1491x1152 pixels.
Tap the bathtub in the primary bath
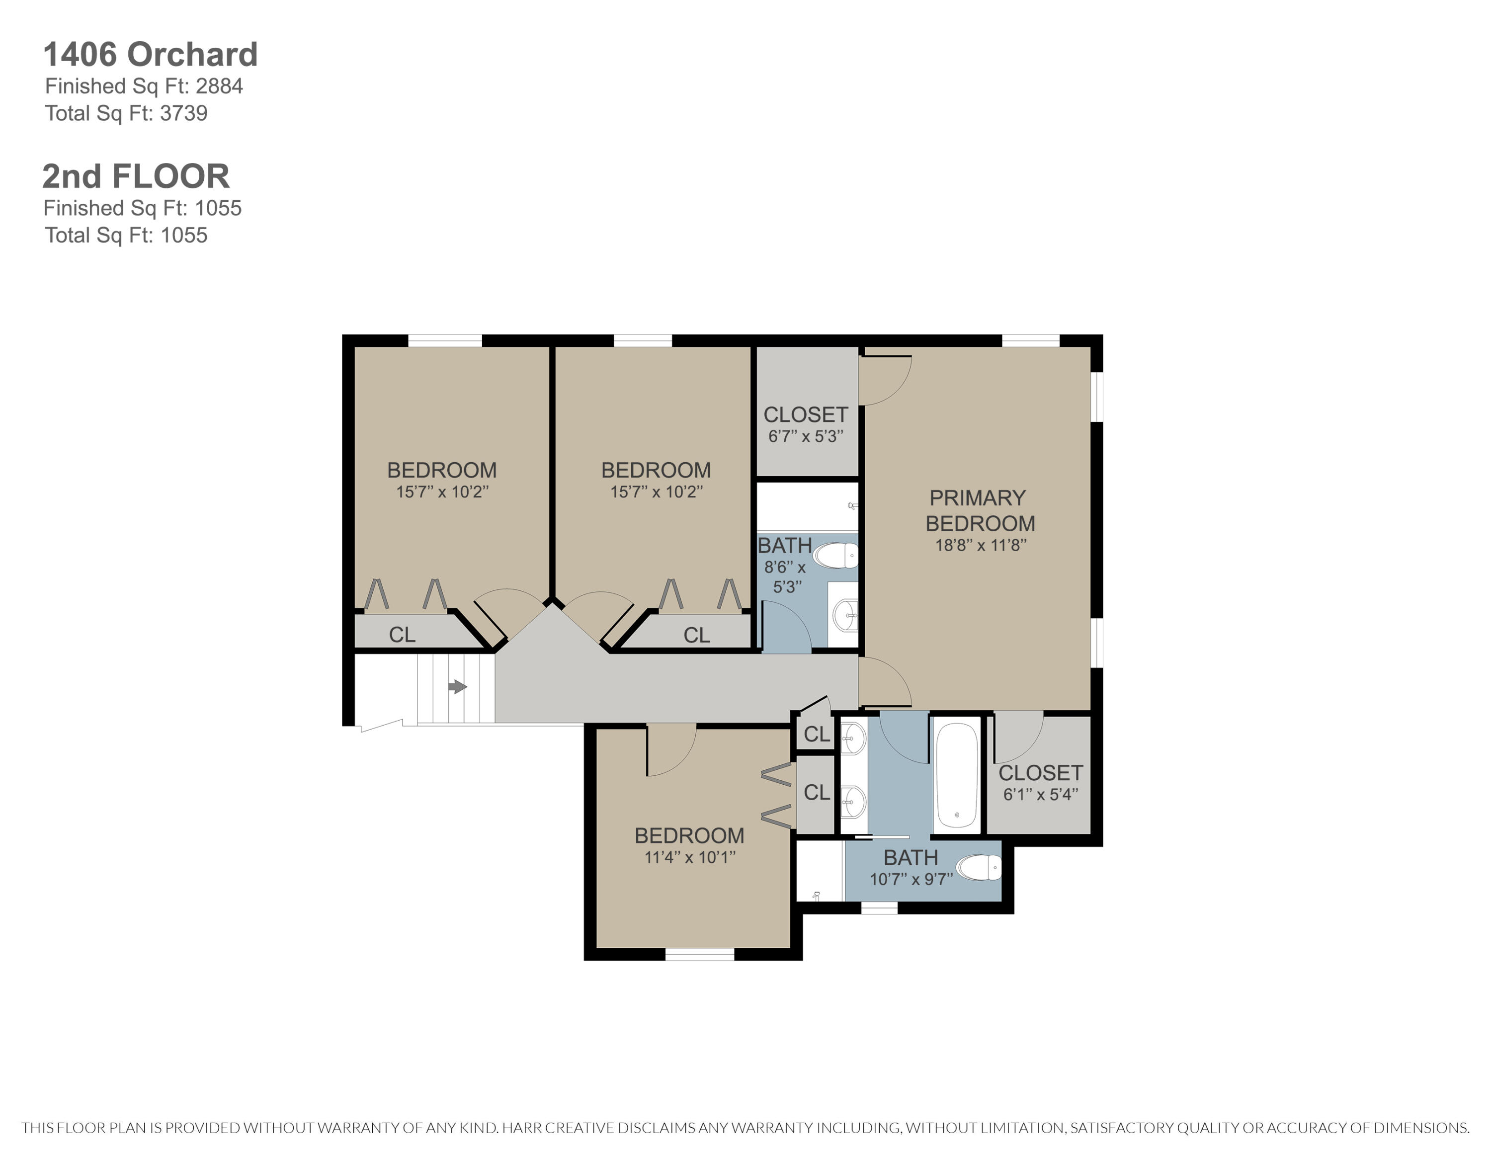[956, 775]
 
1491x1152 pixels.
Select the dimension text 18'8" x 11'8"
[981, 545]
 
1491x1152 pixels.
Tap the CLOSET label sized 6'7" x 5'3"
[806, 414]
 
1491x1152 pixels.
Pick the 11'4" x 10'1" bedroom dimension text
[689, 857]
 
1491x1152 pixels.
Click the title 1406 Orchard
[150, 55]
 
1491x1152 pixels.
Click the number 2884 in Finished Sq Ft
[219, 86]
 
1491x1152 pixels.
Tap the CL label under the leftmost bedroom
[402, 635]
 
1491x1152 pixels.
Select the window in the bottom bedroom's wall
[699, 955]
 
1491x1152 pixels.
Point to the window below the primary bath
[879, 907]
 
